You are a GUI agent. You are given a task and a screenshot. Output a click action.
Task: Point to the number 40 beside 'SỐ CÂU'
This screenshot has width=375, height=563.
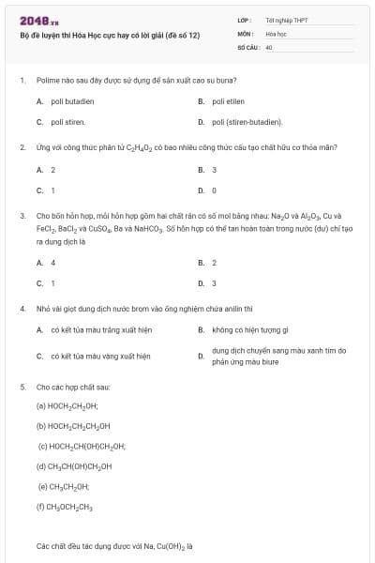pyautogui.click(x=269, y=46)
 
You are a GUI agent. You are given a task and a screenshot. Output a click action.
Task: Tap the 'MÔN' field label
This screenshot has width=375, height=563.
pyautogui.click(x=246, y=32)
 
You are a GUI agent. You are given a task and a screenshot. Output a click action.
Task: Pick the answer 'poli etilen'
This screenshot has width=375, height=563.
pyautogui.click(x=229, y=100)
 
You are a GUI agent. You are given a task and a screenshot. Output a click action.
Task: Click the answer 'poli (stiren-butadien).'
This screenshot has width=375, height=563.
pyautogui.click(x=247, y=122)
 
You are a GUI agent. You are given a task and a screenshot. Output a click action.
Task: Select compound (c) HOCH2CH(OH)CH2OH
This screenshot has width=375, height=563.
pyautogui.click(x=82, y=446)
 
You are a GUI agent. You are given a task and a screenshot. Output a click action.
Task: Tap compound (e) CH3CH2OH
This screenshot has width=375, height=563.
pyautogui.click(x=64, y=486)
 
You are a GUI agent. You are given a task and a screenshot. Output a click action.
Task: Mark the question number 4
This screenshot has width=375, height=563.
pyautogui.click(x=22, y=308)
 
